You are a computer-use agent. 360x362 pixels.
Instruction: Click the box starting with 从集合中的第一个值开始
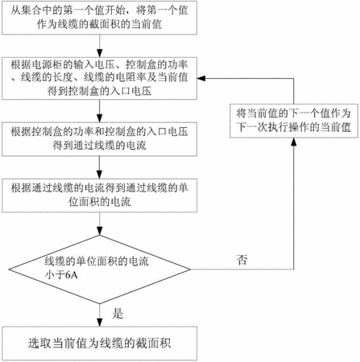[99, 18]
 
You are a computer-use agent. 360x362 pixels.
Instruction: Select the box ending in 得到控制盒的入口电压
[99, 78]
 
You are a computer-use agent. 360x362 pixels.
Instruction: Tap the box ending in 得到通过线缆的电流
[99, 139]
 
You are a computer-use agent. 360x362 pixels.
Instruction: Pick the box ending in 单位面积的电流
[99, 195]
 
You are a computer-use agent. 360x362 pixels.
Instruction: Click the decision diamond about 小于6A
[100, 269]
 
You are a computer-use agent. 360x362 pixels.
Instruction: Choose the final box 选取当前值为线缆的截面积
[99, 343]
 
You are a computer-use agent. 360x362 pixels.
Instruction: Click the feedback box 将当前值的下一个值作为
[294, 121]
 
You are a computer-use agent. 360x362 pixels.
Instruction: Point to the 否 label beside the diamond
[242, 260]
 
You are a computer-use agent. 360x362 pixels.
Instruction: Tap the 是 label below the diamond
[118, 313]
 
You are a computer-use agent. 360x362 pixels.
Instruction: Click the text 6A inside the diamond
[72, 275]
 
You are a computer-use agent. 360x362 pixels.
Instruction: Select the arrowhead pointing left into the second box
[201, 78]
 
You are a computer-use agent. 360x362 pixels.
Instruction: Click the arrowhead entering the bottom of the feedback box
[294, 142]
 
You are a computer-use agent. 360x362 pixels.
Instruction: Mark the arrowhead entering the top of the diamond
[100, 231]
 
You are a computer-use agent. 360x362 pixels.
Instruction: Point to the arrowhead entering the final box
[100, 323]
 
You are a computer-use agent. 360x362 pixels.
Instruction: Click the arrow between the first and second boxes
[100, 46]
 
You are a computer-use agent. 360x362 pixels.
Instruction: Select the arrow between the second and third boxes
[100, 111]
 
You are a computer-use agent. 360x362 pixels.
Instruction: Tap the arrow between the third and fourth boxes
[100, 167]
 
